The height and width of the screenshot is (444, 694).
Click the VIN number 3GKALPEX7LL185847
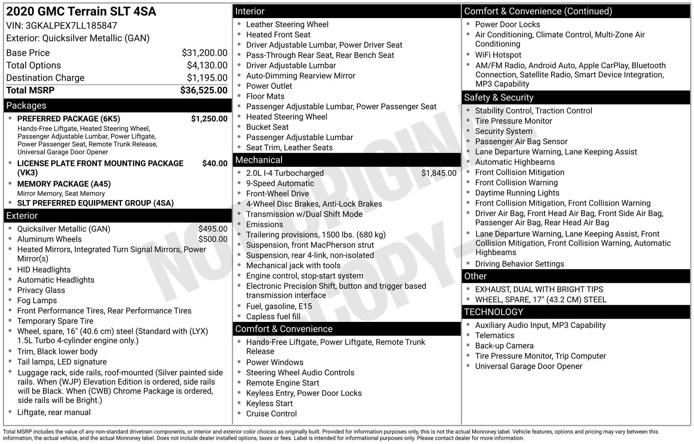[x=71, y=26]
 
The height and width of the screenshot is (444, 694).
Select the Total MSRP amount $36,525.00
[x=204, y=90]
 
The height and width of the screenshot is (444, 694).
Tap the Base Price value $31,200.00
[x=205, y=53]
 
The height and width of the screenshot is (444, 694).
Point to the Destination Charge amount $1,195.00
[x=207, y=78]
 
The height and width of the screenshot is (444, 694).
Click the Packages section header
[x=26, y=105]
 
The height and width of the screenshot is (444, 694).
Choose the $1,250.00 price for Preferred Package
[x=209, y=119]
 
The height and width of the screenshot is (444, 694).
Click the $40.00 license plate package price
[x=215, y=163]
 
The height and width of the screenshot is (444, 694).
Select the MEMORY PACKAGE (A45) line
[x=64, y=184]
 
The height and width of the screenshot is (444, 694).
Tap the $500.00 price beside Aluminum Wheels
[x=213, y=239]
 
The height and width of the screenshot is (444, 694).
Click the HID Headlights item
[x=44, y=270]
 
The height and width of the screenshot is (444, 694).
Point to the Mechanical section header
[x=259, y=160]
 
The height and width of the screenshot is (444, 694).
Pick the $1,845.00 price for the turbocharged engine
[x=439, y=173]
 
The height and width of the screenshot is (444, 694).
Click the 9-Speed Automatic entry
[x=280, y=184]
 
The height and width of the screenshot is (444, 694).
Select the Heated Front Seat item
[x=278, y=35]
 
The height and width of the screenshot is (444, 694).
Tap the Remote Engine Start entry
[x=282, y=383]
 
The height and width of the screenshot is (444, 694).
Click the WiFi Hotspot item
[x=498, y=55]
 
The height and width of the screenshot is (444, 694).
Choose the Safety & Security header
[x=498, y=98]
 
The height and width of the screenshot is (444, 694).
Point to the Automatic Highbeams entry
[x=515, y=162]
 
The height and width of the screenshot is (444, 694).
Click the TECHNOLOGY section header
[x=493, y=312]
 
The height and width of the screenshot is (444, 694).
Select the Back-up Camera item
[x=504, y=346]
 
